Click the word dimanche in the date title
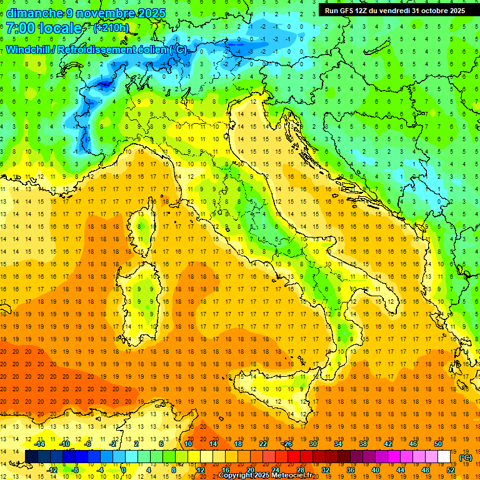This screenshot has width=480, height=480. [x=34, y=13]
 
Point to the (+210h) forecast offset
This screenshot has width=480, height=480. [x=111, y=28]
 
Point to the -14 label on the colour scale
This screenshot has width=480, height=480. [x=39, y=444]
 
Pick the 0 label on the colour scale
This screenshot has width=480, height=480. [x=124, y=470]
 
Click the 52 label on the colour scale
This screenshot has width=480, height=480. [x=450, y=470]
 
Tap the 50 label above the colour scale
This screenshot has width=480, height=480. [x=437, y=444]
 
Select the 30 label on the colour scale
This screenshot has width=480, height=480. [x=312, y=444]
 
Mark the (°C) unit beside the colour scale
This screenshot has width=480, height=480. [x=466, y=457]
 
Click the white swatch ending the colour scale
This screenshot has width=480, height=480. [x=444, y=457]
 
